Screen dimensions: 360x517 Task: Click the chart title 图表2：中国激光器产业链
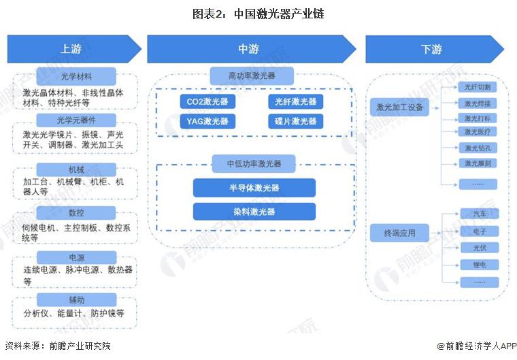[258, 13]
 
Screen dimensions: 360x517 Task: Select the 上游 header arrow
[71, 49]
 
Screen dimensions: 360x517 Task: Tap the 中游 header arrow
[249, 49]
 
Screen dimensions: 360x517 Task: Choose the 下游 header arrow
[432, 49]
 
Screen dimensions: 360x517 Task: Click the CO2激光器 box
[207, 102]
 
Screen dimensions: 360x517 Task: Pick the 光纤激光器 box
[295, 102]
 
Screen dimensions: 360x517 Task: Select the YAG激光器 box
[207, 122]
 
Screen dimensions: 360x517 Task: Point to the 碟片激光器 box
[295, 122]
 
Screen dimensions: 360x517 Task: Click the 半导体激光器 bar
[254, 188]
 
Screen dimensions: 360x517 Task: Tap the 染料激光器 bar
[254, 212]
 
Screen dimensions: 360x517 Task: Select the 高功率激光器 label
[252, 75]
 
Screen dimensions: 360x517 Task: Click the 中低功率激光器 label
[254, 163]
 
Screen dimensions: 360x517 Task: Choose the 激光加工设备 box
[400, 107]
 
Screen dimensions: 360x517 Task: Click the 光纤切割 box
[478, 87]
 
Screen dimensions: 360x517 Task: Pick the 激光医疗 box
[478, 131]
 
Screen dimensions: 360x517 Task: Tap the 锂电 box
[479, 264]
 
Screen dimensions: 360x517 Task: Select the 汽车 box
[479, 214]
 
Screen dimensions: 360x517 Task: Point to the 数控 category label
[75, 213]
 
